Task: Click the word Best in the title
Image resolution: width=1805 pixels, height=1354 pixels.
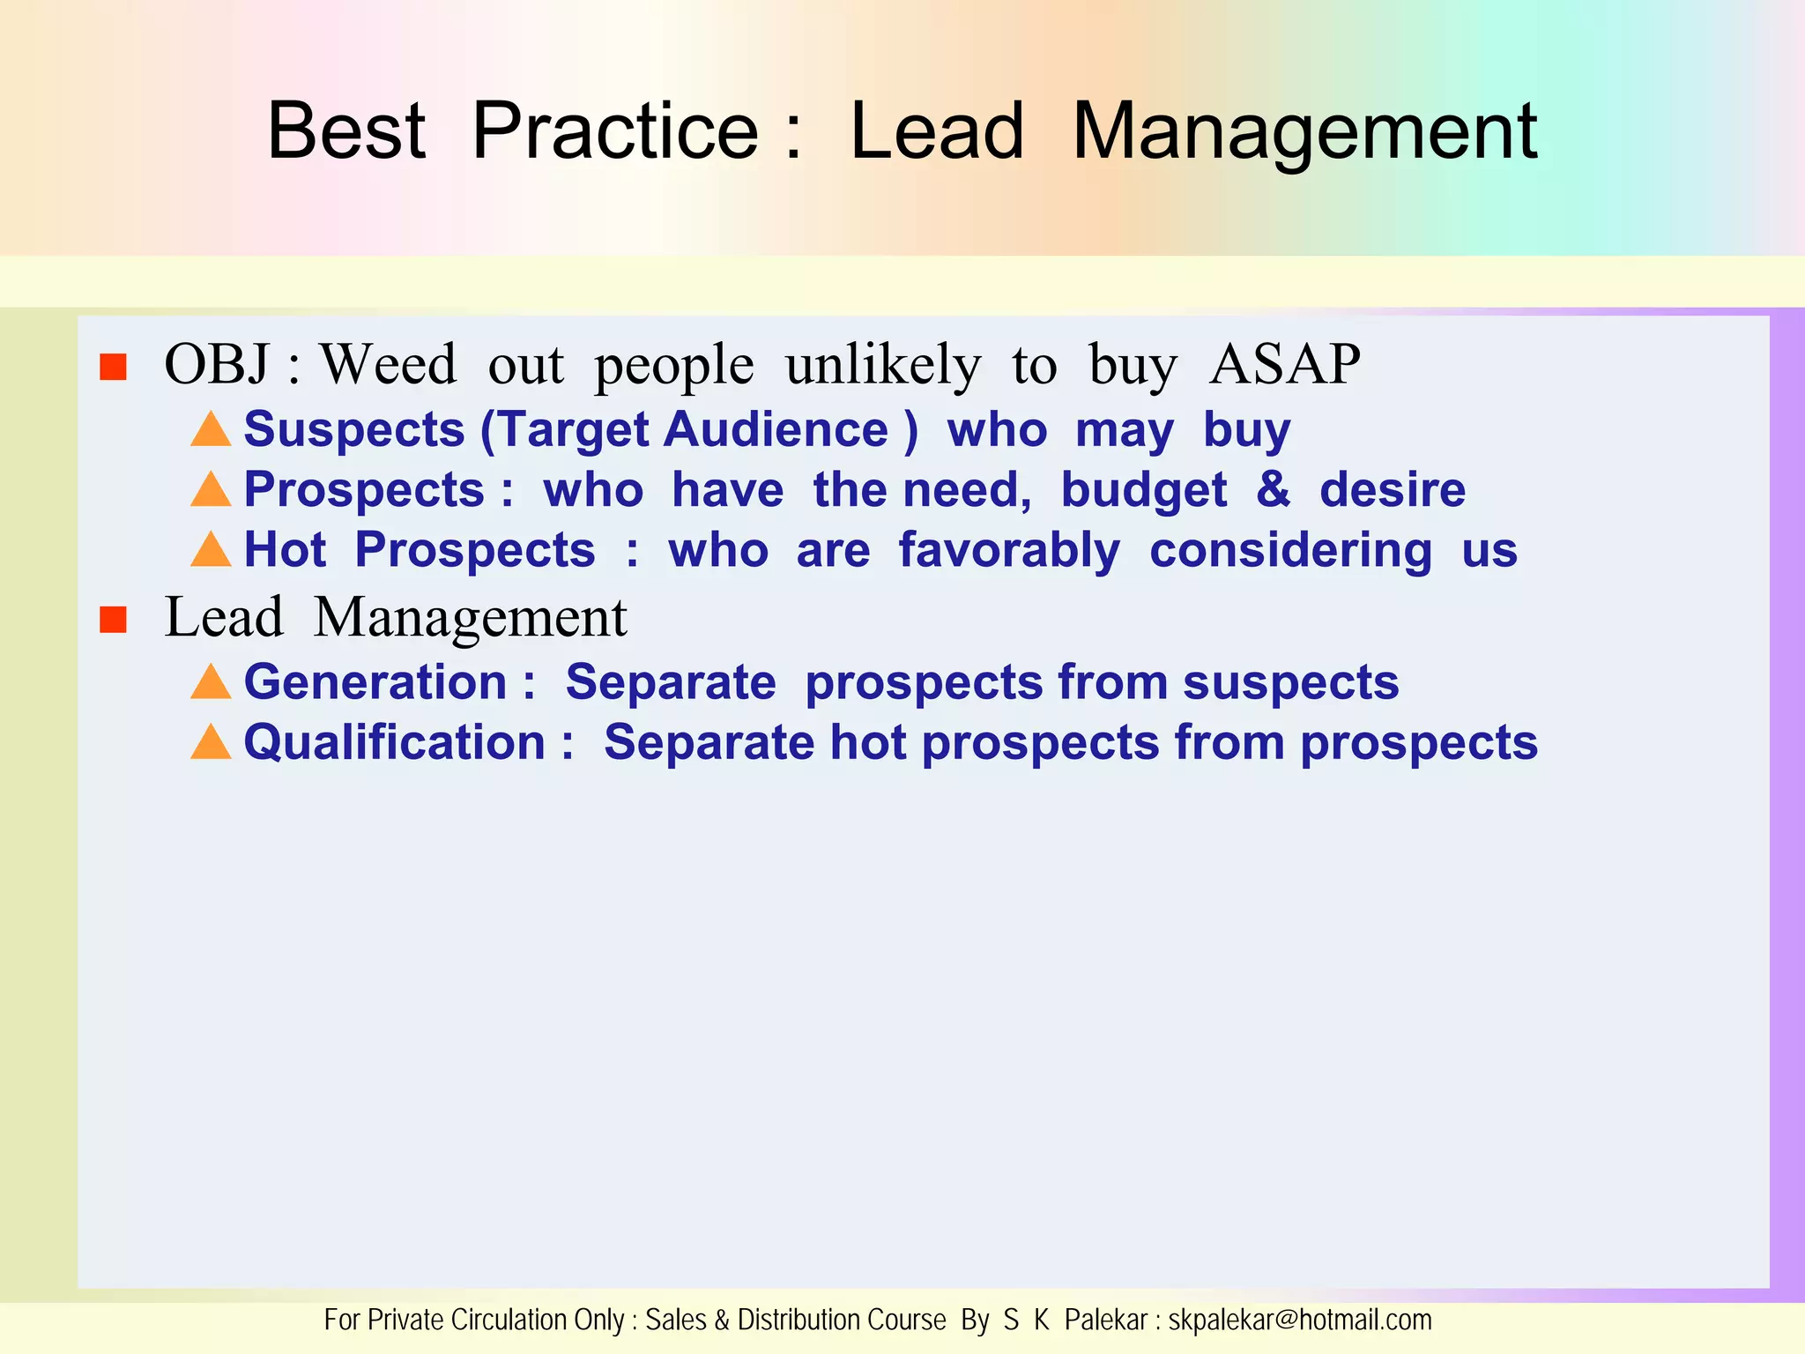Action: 346,131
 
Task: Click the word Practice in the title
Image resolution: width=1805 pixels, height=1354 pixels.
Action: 615,131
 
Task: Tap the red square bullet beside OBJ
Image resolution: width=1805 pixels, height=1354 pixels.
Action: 114,367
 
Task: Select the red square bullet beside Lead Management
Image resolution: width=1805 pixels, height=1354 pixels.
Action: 114,620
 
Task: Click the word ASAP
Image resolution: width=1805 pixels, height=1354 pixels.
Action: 1284,364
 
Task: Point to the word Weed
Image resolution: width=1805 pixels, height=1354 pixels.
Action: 388,364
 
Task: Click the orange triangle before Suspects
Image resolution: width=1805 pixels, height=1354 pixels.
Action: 211,429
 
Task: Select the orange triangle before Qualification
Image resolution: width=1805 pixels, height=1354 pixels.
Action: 211,742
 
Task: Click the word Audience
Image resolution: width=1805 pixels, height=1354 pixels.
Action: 776,430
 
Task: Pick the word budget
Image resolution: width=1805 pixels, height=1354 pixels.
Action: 1143,491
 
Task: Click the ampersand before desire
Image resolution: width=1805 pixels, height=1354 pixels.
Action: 1273,489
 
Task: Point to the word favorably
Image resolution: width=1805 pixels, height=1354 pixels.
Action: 1009,551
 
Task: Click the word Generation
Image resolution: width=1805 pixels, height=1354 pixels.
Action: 375,682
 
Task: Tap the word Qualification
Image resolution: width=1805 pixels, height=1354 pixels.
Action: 394,743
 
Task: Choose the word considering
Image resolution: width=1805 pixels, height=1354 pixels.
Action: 1290,551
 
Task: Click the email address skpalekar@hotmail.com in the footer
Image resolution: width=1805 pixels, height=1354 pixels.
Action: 1299,1321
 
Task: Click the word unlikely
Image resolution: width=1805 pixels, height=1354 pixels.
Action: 882,364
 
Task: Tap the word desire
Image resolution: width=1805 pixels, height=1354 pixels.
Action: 1392,490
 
